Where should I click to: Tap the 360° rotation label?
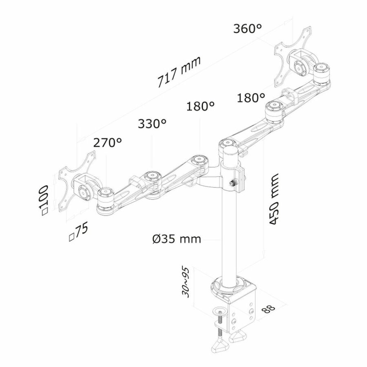coord(247,29)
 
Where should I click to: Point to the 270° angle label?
coord(108,143)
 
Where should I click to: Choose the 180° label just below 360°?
coord(250,98)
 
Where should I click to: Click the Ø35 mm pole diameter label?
coord(178,239)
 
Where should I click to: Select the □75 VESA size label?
coord(78,232)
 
